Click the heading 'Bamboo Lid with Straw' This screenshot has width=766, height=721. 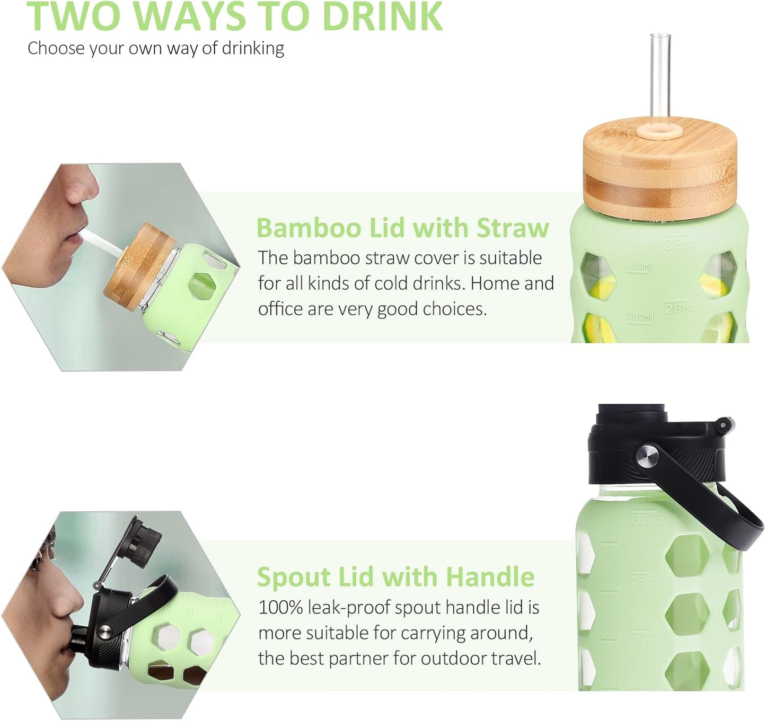402,228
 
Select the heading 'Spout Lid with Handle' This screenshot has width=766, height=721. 395,576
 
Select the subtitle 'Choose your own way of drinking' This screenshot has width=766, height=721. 156,48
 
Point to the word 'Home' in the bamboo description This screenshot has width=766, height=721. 495,283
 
